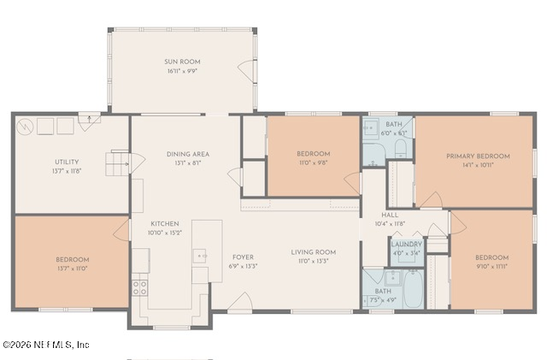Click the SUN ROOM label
tap(182, 62)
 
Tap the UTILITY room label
tap(67, 162)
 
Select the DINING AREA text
tap(187, 154)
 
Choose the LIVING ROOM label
tap(313, 252)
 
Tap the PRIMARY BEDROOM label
tap(478, 156)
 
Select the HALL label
tap(390, 215)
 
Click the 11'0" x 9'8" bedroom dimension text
tap(313, 162)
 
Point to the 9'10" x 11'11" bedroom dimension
tap(491, 266)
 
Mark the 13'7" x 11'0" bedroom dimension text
tap(72, 268)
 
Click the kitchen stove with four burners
tap(139, 286)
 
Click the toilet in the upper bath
tap(400, 152)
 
